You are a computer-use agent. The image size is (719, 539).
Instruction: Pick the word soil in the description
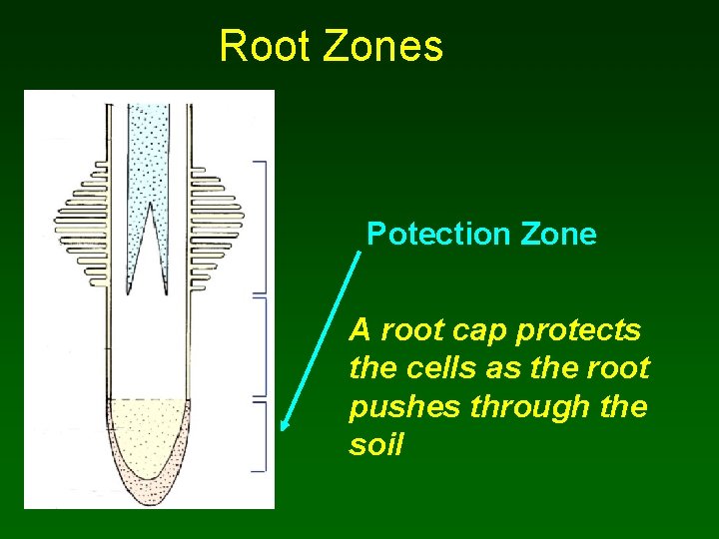(375, 445)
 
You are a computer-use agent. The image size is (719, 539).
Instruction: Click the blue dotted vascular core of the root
(148, 150)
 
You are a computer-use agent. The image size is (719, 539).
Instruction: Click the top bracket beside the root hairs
(263, 225)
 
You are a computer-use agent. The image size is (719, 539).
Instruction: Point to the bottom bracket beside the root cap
(263, 436)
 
